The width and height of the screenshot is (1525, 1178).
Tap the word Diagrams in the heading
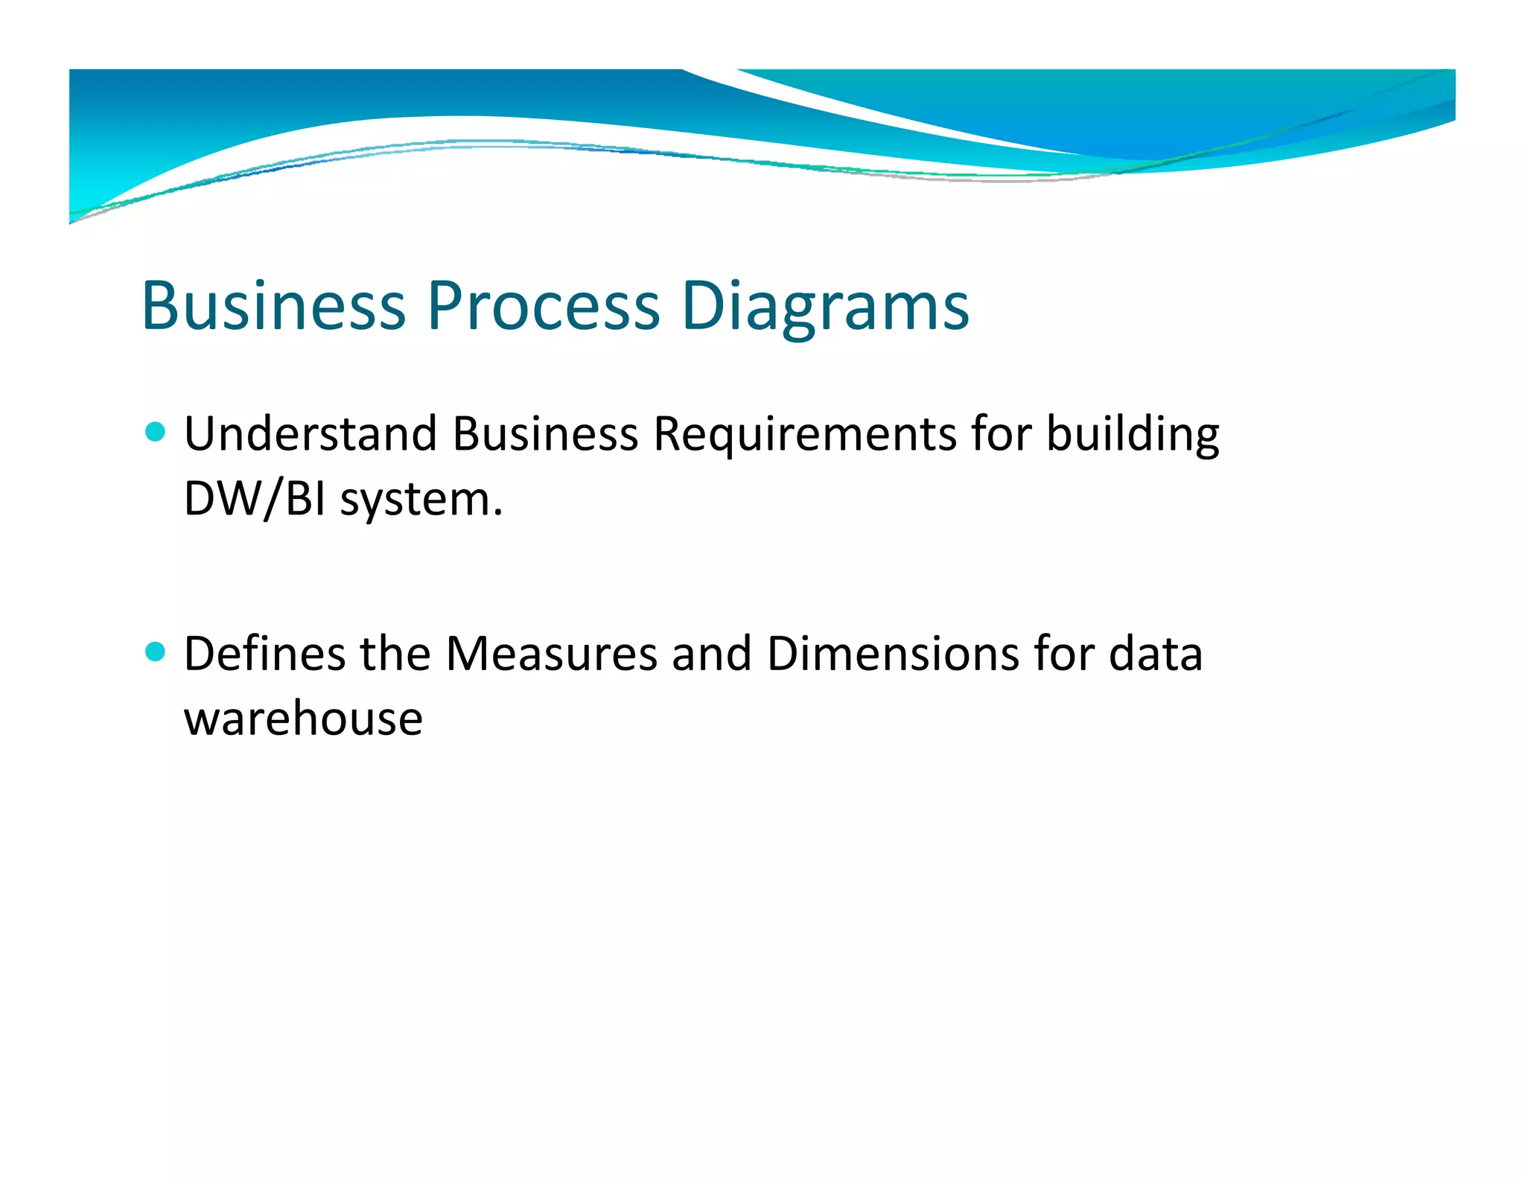click(825, 307)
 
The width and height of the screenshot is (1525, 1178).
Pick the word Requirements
click(804, 435)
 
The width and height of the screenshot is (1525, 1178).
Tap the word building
click(1133, 435)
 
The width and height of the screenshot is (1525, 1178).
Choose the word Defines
click(264, 654)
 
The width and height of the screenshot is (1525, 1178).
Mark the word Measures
click(551, 654)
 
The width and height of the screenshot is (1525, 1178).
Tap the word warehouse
click(303, 719)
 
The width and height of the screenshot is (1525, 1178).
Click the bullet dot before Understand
click(155, 432)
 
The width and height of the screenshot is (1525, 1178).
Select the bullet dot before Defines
click(155, 652)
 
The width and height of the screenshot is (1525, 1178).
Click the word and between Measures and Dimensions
click(711, 654)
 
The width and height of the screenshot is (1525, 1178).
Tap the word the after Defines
click(395, 654)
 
